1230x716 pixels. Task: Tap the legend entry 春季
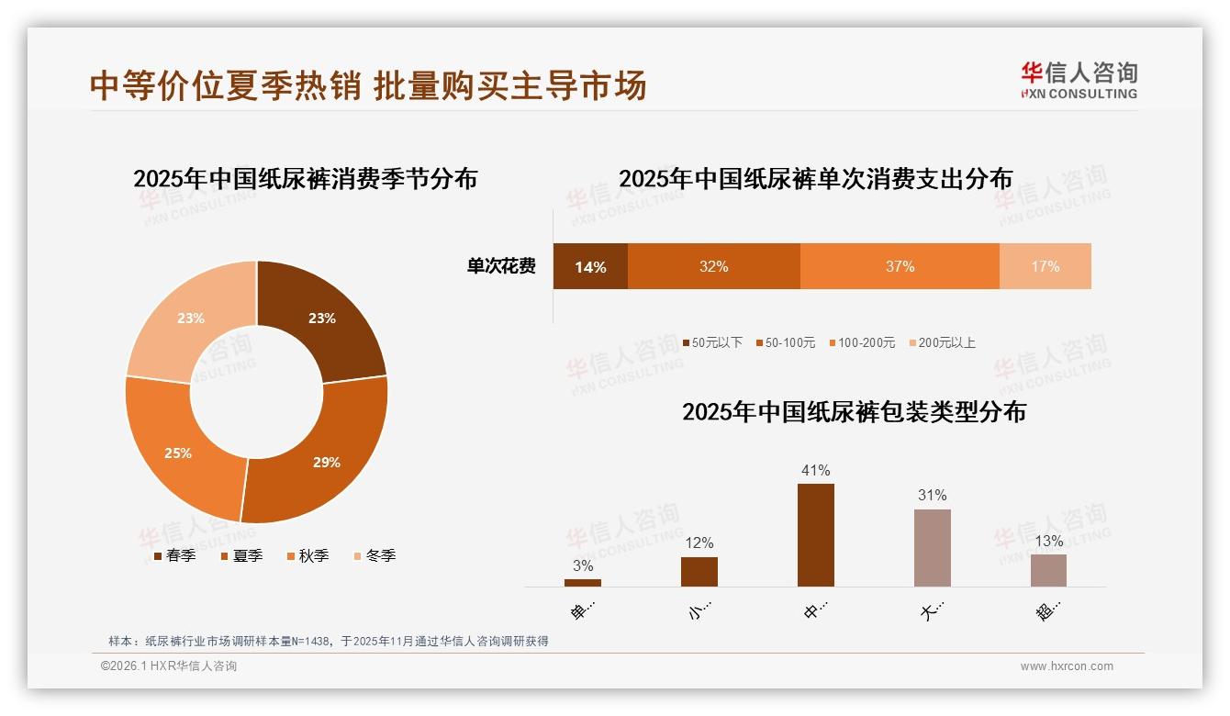173,556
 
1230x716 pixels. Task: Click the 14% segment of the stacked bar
590,267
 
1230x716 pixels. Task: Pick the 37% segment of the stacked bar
900,267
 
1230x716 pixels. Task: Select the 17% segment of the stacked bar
1045,267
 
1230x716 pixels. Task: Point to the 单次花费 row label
501,267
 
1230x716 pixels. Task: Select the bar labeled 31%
932,547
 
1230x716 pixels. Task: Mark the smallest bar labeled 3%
583,582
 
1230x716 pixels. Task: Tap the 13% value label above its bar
1048,542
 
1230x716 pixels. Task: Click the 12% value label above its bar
699,543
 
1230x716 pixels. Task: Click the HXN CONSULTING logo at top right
1079,81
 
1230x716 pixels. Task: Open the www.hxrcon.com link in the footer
1067,666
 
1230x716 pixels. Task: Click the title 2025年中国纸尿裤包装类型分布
854,412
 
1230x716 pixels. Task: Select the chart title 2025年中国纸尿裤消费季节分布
305,179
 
